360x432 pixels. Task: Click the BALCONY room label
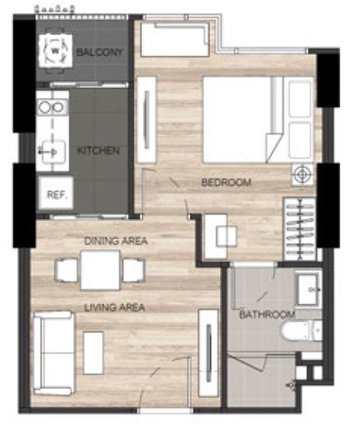point(100,52)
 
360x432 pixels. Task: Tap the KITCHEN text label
point(98,151)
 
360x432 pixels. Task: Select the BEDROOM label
point(226,182)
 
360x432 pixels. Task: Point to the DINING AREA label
point(115,242)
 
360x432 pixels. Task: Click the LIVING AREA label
point(114,308)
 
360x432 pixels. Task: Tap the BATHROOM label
point(267,314)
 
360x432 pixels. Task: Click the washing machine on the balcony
point(55,52)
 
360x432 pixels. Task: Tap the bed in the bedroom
point(239,119)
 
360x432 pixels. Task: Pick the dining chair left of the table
point(66,270)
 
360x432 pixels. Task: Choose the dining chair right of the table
point(134,270)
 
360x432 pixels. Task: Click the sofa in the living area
point(53,352)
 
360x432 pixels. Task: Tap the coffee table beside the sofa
point(94,353)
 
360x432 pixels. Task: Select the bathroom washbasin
point(308,287)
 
